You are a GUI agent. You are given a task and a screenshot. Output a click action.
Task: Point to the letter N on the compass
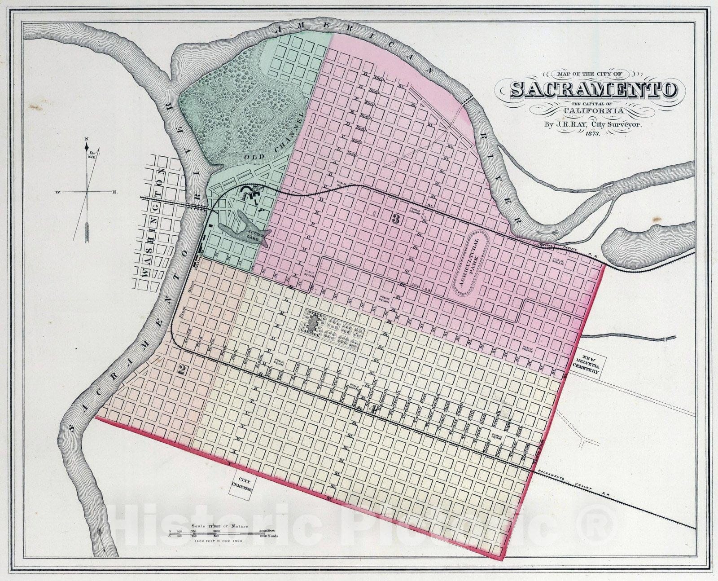tap(86, 139)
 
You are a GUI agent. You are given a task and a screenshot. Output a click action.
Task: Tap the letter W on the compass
tap(58, 193)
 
